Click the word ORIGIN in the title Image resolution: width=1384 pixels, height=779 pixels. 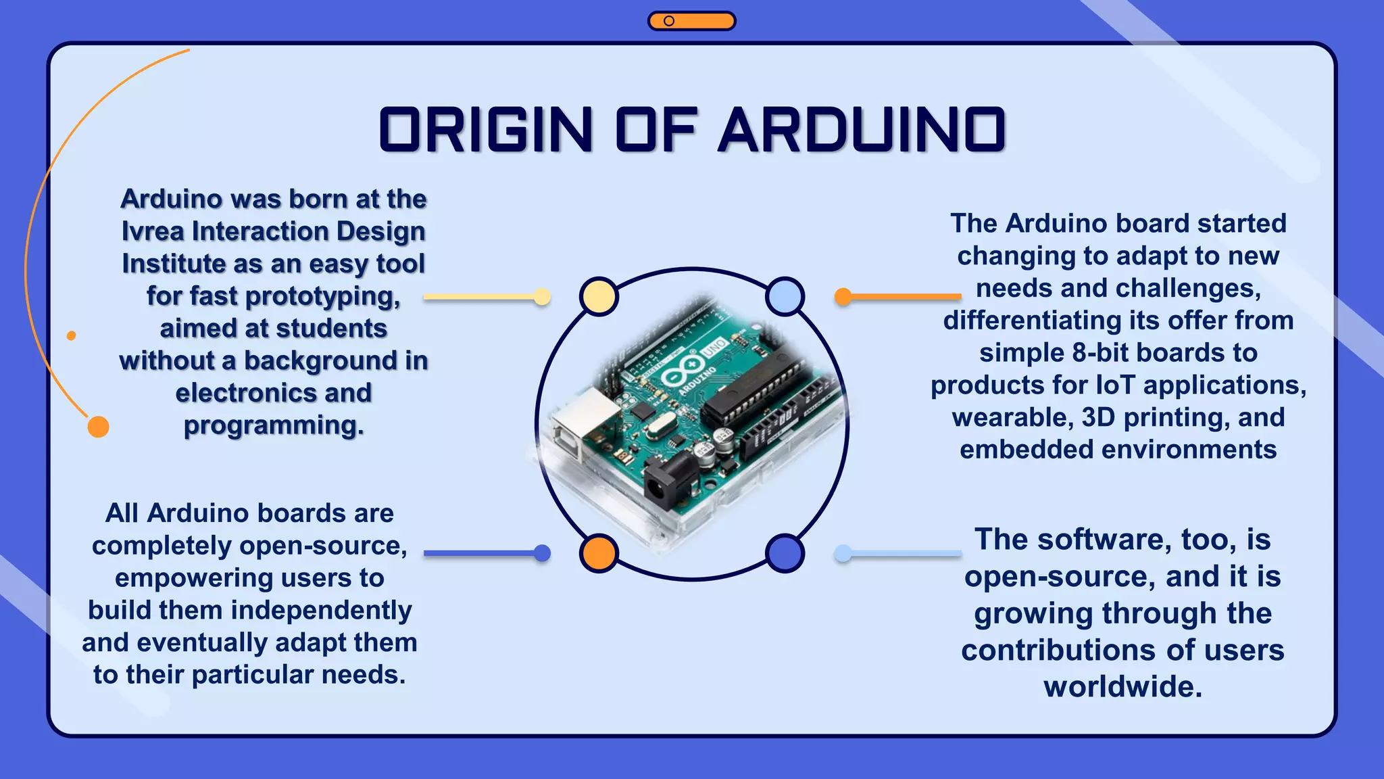(x=486, y=129)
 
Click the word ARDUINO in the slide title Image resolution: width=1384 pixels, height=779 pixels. (x=862, y=129)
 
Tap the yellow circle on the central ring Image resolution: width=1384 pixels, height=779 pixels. (x=599, y=296)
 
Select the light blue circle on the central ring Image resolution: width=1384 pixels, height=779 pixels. (x=785, y=296)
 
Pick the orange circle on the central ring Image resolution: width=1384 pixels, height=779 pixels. (x=599, y=553)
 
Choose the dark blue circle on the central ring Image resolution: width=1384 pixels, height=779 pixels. (x=785, y=553)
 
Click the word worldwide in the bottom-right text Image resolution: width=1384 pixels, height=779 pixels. (x=1122, y=686)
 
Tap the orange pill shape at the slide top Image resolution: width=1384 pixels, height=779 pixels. (x=691, y=21)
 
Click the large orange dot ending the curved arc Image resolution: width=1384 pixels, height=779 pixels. (x=99, y=427)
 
